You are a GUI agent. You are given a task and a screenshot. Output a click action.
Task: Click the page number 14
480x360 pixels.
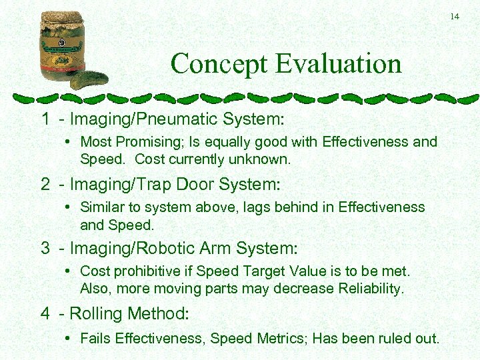point(455,16)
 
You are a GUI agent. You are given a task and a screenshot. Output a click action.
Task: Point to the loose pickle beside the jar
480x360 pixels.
point(89,80)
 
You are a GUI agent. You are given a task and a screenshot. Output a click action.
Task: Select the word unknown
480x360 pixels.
point(265,159)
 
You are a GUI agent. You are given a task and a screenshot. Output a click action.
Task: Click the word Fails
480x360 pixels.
point(95,338)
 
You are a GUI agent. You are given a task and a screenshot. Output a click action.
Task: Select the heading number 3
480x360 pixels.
point(45,249)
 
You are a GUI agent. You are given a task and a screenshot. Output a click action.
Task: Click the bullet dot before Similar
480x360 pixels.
point(70,207)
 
